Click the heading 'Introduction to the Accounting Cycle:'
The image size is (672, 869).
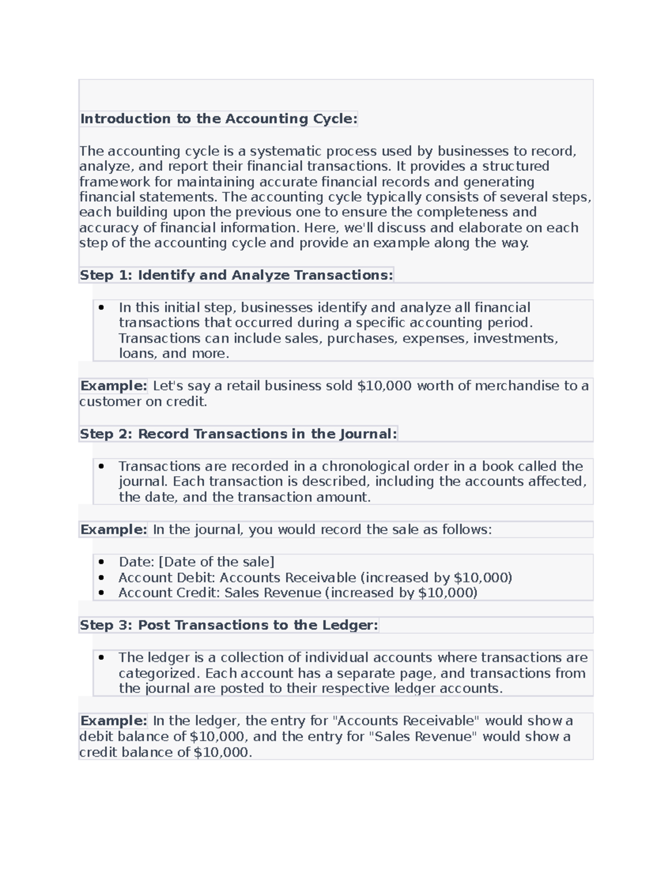click(x=218, y=119)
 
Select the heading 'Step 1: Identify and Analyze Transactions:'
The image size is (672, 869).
click(x=236, y=275)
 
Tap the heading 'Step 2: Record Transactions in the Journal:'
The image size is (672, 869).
click(x=238, y=434)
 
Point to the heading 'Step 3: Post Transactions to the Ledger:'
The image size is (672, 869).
click(x=228, y=625)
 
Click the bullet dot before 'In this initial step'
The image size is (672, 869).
click(x=101, y=307)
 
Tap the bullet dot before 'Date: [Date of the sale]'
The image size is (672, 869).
click(x=101, y=562)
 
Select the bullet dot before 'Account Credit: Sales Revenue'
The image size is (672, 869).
click(x=101, y=593)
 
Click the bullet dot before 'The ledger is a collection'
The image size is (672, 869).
click(x=101, y=657)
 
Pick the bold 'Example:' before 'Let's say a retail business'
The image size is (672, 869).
click(x=114, y=386)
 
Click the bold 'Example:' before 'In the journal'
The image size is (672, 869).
click(x=114, y=530)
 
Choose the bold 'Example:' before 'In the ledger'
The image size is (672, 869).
click(x=114, y=721)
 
